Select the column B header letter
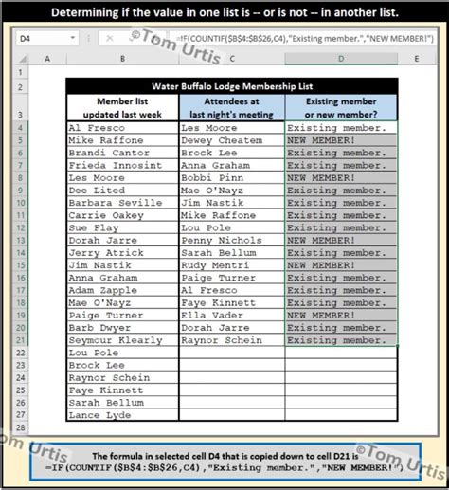point(122,59)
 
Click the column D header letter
point(341,59)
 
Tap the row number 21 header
point(19,338)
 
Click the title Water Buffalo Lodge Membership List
point(231,84)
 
